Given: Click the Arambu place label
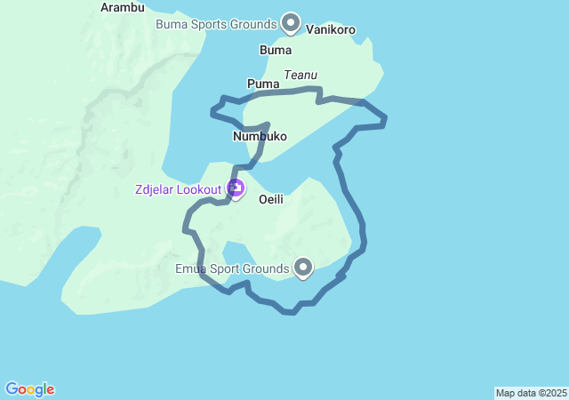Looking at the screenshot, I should pos(123,7).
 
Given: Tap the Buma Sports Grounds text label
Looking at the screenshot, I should pos(217,24).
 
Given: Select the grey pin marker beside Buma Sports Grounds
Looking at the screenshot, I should pos(291,21).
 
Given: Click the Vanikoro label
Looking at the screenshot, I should pos(331,29).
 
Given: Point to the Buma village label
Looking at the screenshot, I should pos(275,50).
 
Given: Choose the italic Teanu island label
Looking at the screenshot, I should pos(301,76).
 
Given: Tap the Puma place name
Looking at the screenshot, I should pos(263,84).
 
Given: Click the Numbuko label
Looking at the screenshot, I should pos(260,136).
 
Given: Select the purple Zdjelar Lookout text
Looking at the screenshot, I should pos(179,188).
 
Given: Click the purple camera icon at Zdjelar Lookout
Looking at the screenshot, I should pos(236,188).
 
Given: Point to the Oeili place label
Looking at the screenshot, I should pos(271,200).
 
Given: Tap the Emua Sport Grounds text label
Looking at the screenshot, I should pos(231,268).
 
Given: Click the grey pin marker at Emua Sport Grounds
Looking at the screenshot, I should pos(303,266).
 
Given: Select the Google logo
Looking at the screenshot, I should pos(29,389).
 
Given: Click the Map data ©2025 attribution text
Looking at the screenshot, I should pos(531,393).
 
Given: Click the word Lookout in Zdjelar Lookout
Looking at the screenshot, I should pos(200,188).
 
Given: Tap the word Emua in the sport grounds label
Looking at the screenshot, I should pos(191,268).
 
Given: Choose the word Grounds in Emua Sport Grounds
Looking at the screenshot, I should pos(268,268).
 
